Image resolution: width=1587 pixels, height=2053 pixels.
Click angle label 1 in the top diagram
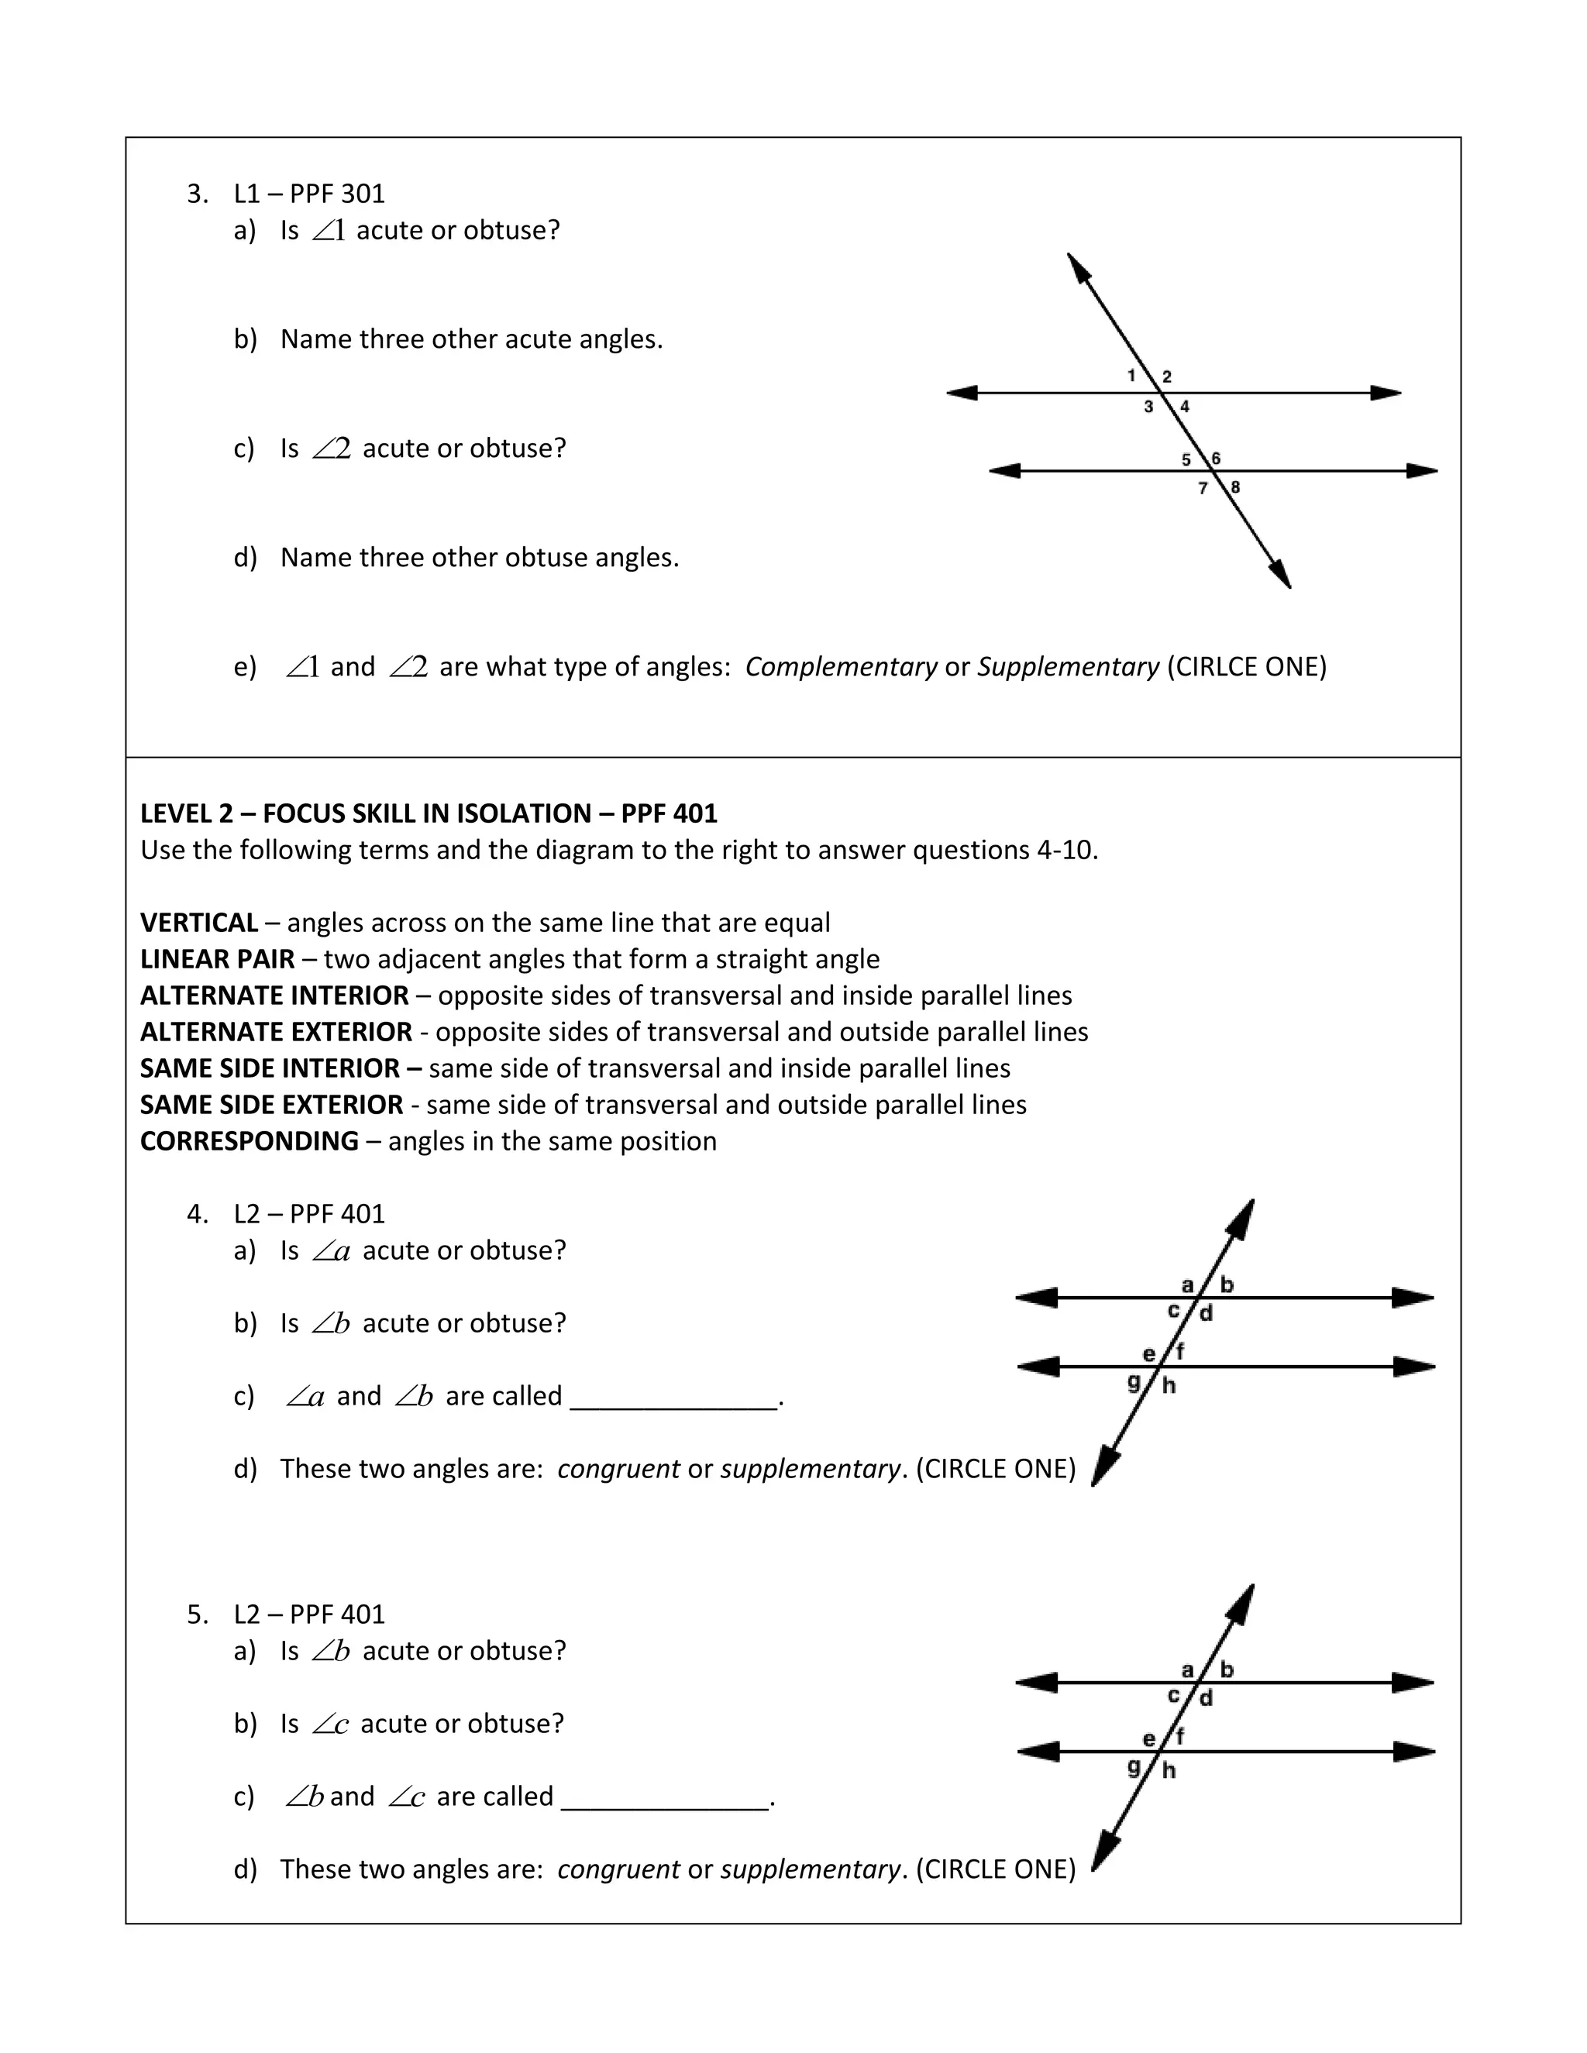(x=1132, y=376)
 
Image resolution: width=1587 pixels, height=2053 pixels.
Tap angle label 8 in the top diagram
(x=1235, y=487)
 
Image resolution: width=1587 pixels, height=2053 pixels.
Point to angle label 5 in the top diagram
(x=1186, y=459)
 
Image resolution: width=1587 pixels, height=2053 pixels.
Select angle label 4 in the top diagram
(x=1185, y=407)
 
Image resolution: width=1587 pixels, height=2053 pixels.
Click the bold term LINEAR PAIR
(x=217, y=959)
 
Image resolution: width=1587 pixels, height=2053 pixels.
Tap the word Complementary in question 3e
(x=841, y=666)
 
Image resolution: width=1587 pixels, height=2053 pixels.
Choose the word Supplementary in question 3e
(x=1068, y=666)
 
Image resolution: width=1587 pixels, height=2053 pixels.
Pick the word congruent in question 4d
(x=618, y=1468)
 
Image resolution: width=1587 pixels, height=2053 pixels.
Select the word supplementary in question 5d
(x=810, y=1869)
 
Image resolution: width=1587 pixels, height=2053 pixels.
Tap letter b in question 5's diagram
(x=1226, y=1670)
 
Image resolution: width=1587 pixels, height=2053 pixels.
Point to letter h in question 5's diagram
(x=1169, y=1770)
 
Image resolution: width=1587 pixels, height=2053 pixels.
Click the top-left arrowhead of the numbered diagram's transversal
(x=1079, y=269)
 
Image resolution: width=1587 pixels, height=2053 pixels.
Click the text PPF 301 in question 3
(x=336, y=194)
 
